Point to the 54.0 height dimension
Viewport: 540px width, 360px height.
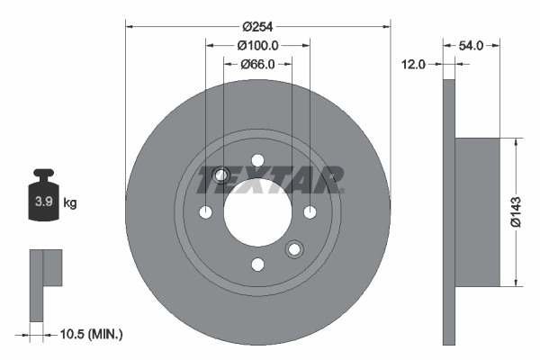[472, 45]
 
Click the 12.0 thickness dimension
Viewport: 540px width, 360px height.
[415, 64]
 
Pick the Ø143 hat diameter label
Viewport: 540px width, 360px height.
[516, 212]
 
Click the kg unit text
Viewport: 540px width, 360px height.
[70, 203]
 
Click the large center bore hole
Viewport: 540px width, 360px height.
[257, 212]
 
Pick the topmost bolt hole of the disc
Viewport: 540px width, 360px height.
[257, 161]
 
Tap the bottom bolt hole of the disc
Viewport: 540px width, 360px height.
[257, 264]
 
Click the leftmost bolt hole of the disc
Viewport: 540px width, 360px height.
[206, 212]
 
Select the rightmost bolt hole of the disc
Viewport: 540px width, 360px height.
[310, 212]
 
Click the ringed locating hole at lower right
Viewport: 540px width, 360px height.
[293, 249]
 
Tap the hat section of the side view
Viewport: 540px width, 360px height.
[477, 212]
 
